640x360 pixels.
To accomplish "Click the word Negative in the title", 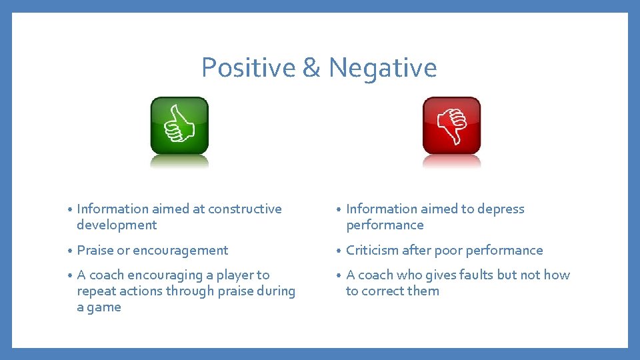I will (x=383, y=68).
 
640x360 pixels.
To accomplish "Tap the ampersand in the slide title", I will (x=311, y=68).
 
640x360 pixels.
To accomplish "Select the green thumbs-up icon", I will (x=179, y=125).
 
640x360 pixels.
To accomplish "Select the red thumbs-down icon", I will (x=451, y=125).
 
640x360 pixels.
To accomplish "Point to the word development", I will (x=117, y=225).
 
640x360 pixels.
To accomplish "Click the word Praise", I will (x=95, y=251).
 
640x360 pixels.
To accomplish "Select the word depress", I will (x=501, y=209).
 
